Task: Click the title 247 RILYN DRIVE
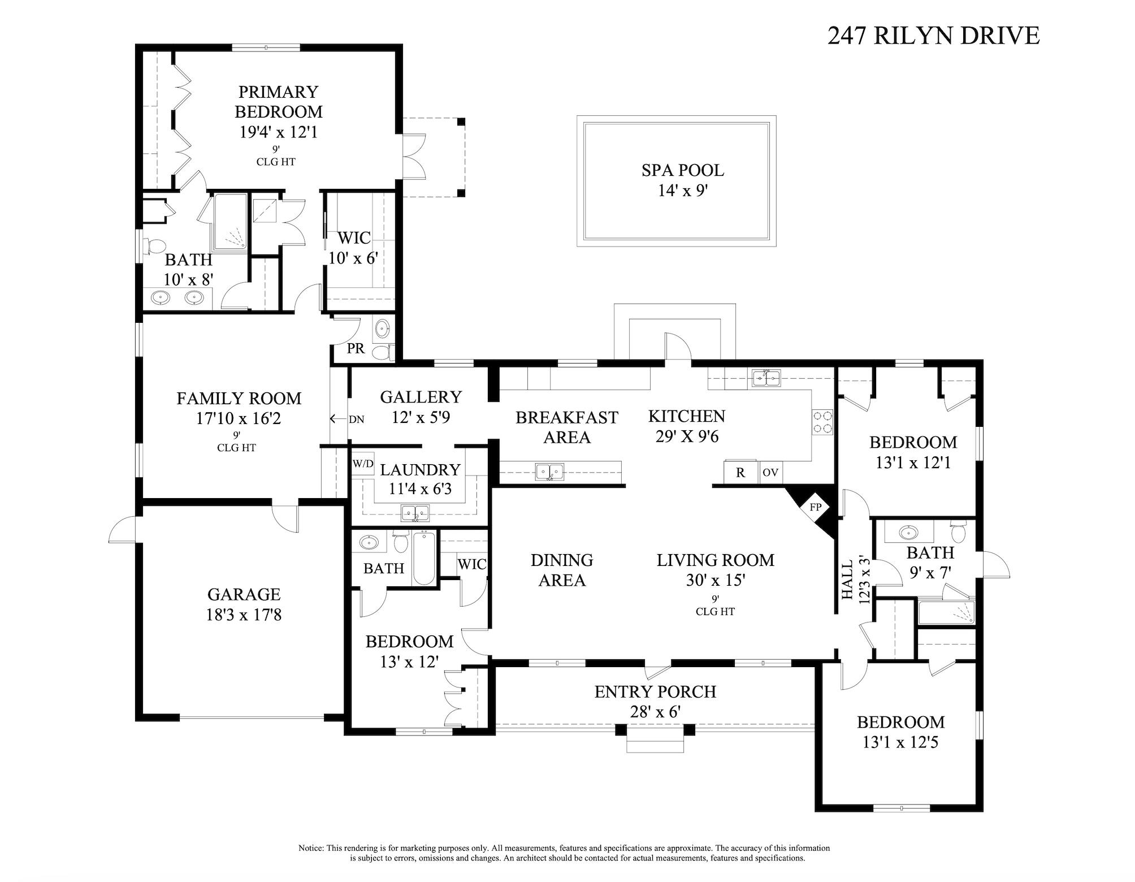[x=933, y=36]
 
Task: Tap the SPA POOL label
[x=682, y=170]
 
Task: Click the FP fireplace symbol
[x=815, y=507]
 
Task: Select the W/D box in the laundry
[x=363, y=464]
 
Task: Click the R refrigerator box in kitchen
[x=740, y=473]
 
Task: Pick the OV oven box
[x=770, y=473]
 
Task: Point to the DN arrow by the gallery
[x=339, y=419]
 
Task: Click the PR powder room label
[x=356, y=348]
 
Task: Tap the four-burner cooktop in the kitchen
[x=822, y=422]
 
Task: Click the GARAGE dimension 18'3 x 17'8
[x=244, y=615]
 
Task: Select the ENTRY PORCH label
[x=655, y=691]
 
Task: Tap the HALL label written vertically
[x=847, y=580]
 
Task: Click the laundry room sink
[x=415, y=513]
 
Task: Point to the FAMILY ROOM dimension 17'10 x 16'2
[x=239, y=419]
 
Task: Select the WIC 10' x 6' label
[x=354, y=248]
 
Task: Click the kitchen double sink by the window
[x=766, y=377]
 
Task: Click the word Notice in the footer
[x=311, y=848]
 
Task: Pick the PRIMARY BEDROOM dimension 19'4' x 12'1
[x=278, y=132]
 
